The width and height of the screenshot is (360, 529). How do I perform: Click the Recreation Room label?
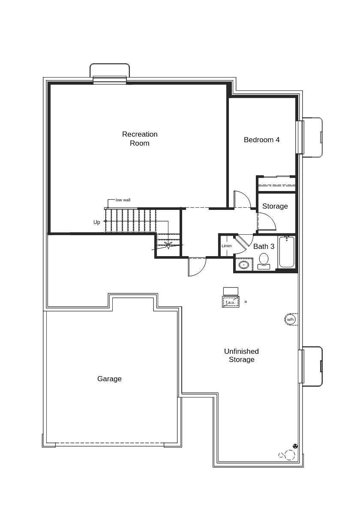[140, 139]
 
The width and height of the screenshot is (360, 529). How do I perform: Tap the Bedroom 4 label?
[261, 140]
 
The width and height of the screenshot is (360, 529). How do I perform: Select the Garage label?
[109, 379]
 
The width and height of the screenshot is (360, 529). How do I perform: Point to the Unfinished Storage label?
[241, 356]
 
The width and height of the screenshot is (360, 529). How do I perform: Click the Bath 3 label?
[264, 246]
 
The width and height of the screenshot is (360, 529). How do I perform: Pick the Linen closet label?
[227, 246]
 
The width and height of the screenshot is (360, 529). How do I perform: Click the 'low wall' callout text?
[123, 200]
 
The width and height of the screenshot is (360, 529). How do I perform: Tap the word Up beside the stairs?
[97, 222]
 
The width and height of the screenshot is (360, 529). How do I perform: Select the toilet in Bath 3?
[264, 260]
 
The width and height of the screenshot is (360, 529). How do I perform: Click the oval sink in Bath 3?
[243, 265]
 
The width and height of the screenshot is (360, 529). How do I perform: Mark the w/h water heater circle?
[291, 320]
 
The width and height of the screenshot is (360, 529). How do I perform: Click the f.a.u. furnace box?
[231, 302]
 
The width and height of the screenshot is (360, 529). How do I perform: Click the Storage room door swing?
[266, 221]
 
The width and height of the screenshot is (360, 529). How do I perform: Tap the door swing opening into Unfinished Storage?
[197, 266]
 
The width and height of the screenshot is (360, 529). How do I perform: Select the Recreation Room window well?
[110, 71]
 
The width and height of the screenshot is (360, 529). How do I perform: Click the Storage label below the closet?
[275, 206]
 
